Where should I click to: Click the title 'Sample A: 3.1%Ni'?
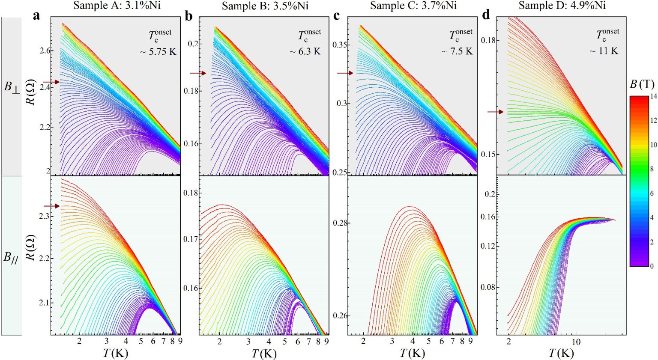coord(117,6)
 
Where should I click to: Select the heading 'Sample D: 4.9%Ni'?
coord(562,6)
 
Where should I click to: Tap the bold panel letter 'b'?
coord(188,16)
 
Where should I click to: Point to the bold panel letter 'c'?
coord(337,16)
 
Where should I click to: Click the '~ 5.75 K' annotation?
coord(158,52)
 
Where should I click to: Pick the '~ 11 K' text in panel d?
coord(604,51)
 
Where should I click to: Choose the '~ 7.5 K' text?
coord(457,51)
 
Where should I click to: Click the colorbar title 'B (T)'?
coord(641,84)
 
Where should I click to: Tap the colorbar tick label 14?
coord(653,96)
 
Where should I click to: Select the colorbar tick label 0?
coord(652,266)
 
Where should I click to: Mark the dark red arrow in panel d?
coord(496,112)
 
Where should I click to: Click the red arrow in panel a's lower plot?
coord(51,206)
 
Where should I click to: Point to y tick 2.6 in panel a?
coord(45,51)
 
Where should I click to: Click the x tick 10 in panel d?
coord(576,342)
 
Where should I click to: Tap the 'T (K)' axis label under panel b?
coord(264,354)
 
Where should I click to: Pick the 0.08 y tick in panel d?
coord(488,287)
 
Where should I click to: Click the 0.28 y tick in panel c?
coord(340,223)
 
